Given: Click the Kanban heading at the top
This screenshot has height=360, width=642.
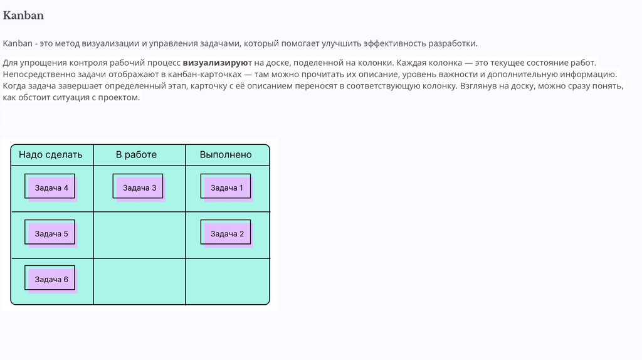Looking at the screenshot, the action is (23, 15).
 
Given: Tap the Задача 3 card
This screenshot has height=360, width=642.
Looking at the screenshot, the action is (139, 187).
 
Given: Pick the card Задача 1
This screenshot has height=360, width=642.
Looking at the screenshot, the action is (226, 187).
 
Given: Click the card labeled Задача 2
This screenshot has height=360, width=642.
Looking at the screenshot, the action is (226, 233).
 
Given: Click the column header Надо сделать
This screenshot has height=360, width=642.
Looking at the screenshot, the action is (50, 154).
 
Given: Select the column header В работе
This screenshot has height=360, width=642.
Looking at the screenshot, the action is (136, 154).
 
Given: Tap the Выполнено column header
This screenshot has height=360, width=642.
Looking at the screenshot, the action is (226, 154).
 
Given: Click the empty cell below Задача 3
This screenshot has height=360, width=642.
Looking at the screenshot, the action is (139, 235).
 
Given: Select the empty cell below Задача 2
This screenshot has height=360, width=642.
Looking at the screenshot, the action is (227, 281).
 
